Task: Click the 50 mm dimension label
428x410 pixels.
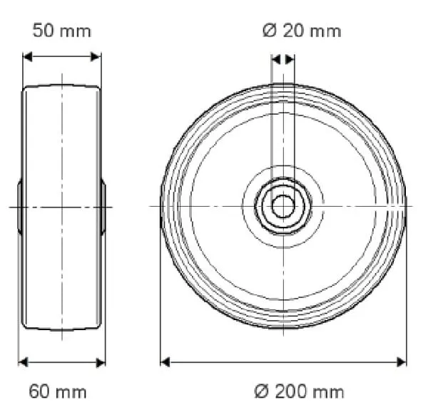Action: (x=62, y=31)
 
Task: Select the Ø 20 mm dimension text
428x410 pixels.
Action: (x=302, y=31)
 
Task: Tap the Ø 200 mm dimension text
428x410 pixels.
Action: (x=299, y=391)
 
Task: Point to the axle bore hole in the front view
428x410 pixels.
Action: (x=283, y=207)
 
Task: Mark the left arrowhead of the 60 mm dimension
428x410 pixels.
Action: (x=22, y=362)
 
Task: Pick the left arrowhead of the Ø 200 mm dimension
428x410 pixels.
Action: (x=165, y=362)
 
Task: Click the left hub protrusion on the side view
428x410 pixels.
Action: (x=20, y=207)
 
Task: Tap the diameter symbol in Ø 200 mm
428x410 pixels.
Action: (x=260, y=391)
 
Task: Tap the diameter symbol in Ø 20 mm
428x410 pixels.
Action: (x=268, y=31)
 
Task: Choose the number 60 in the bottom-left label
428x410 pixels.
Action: (x=42, y=391)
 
